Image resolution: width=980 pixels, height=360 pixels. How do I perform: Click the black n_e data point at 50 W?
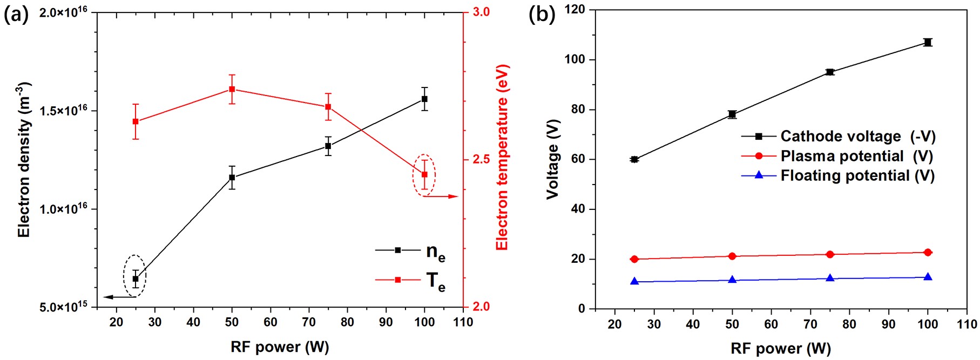click(232, 177)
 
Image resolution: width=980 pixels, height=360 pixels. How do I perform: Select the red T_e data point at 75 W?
click(328, 107)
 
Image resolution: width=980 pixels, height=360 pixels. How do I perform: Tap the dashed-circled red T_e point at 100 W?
click(424, 174)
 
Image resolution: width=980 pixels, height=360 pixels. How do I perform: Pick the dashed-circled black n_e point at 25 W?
click(136, 279)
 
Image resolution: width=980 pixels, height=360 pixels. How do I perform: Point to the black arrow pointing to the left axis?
click(119, 297)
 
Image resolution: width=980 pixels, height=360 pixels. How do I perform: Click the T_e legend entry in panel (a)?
click(410, 280)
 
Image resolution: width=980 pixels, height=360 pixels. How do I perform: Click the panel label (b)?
click(542, 15)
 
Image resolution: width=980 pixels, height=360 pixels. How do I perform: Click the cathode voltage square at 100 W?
click(928, 42)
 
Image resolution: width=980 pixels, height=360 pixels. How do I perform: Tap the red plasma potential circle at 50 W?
click(732, 256)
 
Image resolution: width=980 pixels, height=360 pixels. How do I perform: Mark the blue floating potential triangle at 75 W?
click(830, 278)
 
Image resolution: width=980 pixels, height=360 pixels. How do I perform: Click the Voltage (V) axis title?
click(552, 159)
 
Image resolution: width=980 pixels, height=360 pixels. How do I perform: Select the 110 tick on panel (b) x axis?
click(967, 324)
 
